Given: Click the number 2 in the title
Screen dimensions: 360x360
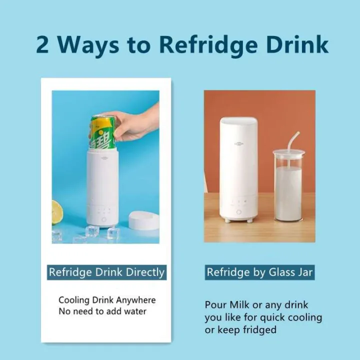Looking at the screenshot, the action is [x=42, y=45].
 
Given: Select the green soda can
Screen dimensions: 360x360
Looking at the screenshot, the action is [x=102, y=132].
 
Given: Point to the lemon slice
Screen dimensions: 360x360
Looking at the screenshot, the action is [x=57, y=212].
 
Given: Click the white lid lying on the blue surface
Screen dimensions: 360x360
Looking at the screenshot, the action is [x=144, y=220].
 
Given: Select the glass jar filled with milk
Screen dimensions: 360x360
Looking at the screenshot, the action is [x=288, y=185].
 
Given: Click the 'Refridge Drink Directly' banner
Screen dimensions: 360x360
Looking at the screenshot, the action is [x=107, y=272].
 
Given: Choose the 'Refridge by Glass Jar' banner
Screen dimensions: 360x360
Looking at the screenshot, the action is [x=259, y=272].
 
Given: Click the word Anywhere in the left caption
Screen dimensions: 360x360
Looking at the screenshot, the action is [x=136, y=300].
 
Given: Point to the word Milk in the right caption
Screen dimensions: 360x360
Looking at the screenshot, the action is [x=239, y=305].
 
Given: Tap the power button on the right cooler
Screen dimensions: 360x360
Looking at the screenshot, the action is [x=239, y=212].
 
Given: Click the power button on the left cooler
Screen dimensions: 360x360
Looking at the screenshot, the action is [x=104, y=219].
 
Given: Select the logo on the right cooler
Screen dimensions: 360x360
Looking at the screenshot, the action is [x=239, y=144].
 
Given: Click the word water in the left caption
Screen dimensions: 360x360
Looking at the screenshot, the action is [x=135, y=311].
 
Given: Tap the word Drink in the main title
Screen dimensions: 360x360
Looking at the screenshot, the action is [x=297, y=45].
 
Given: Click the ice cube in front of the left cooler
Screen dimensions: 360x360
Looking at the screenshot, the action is [x=92, y=231].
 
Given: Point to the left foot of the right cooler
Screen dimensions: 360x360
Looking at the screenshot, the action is [x=227, y=220].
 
